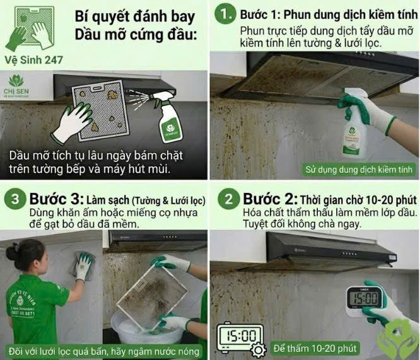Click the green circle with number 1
click(224, 14)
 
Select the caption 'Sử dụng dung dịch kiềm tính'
click(359, 169)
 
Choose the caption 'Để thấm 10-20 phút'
click(315, 347)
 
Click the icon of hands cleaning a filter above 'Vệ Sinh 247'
click(30, 29)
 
